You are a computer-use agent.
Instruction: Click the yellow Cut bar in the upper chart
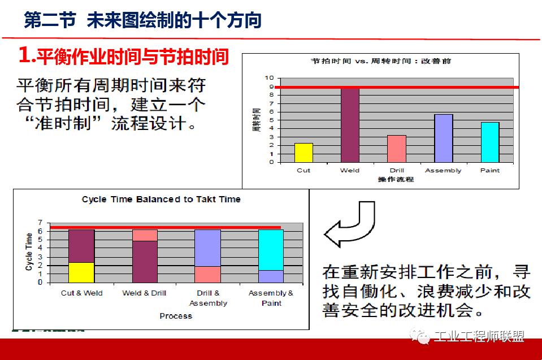click(x=303, y=153)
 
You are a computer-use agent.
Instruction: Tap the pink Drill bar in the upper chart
click(x=397, y=149)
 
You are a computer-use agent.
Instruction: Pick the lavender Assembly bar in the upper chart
click(x=443, y=138)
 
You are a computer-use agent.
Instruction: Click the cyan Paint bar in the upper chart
click(x=489, y=142)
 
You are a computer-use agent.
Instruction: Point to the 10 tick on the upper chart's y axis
click(x=270, y=78)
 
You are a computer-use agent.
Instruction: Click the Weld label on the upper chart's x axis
click(x=350, y=170)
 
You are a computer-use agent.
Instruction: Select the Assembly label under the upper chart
click(x=443, y=170)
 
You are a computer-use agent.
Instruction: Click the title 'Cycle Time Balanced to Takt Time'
click(x=161, y=199)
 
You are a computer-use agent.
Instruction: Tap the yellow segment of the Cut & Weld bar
click(x=81, y=272)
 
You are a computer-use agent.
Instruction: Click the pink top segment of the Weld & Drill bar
click(x=145, y=235)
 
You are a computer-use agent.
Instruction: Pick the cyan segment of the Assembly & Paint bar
click(x=271, y=249)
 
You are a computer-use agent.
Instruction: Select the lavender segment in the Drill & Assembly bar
click(x=208, y=248)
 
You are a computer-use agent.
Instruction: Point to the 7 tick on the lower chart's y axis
click(x=40, y=223)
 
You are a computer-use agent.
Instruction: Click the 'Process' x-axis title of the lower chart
click(x=176, y=315)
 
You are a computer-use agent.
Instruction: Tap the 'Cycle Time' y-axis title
click(x=29, y=251)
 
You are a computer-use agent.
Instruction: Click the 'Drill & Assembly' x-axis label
click(x=208, y=298)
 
